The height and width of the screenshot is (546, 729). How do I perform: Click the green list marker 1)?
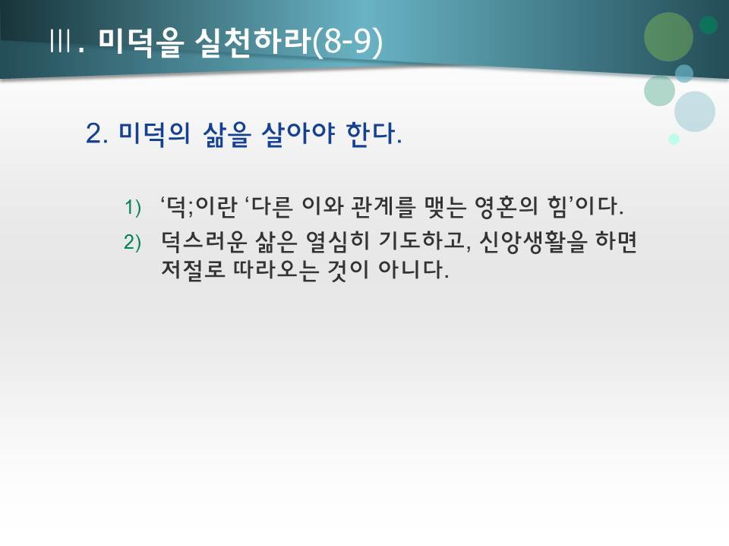pyautogui.click(x=133, y=207)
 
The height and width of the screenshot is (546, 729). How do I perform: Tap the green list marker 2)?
pyautogui.click(x=133, y=242)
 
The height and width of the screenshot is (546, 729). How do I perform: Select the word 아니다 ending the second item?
pyautogui.click(x=418, y=270)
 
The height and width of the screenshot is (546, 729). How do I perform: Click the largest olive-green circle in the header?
pyautogui.click(x=668, y=37)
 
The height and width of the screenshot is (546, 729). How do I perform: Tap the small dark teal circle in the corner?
pyautogui.click(x=708, y=25)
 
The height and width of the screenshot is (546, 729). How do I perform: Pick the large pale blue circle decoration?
pyautogui.click(x=694, y=111)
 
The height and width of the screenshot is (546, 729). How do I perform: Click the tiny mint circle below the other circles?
pyautogui.click(x=674, y=139)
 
